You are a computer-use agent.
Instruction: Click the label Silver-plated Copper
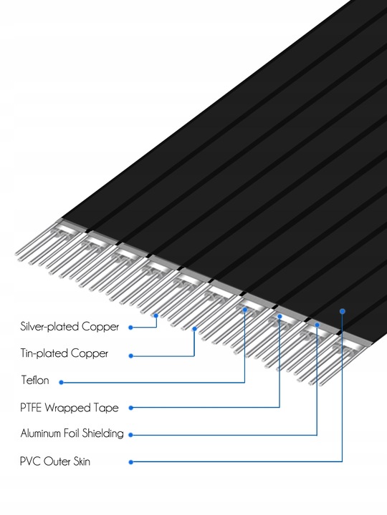(x=70, y=327)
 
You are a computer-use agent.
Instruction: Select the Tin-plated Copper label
(x=64, y=353)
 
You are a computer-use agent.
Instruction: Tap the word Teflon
(x=35, y=381)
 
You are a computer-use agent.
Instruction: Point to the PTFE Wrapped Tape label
(x=69, y=408)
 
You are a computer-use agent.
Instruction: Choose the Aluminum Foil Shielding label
(x=72, y=433)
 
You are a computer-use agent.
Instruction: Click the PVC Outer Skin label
(x=55, y=461)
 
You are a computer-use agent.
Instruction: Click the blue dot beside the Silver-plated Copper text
(x=130, y=327)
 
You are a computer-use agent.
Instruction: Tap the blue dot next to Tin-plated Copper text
(x=130, y=354)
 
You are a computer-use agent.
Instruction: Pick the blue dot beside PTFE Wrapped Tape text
(x=130, y=408)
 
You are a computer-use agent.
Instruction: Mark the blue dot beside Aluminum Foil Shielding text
(x=130, y=434)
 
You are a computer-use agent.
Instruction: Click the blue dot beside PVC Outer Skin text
(x=130, y=461)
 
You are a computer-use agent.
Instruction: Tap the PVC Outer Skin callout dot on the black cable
(x=343, y=311)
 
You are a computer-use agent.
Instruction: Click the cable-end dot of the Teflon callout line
(x=245, y=310)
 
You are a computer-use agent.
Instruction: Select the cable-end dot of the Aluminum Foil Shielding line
(x=316, y=325)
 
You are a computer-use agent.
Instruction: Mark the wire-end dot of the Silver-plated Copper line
(x=156, y=313)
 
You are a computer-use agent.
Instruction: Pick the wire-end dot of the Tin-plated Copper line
(x=194, y=329)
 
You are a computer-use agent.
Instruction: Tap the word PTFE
(x=32, y=408)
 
